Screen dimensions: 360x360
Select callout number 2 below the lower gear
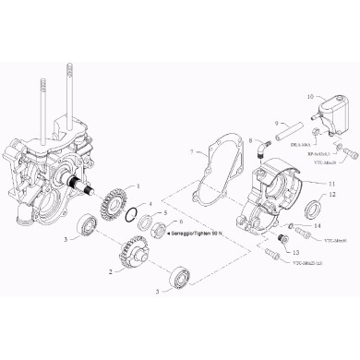click(111, 272)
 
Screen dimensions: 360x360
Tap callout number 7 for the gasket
click(191, 150)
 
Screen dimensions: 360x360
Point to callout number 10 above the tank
click(310, 96)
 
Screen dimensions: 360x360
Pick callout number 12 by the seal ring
click(333, 195)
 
